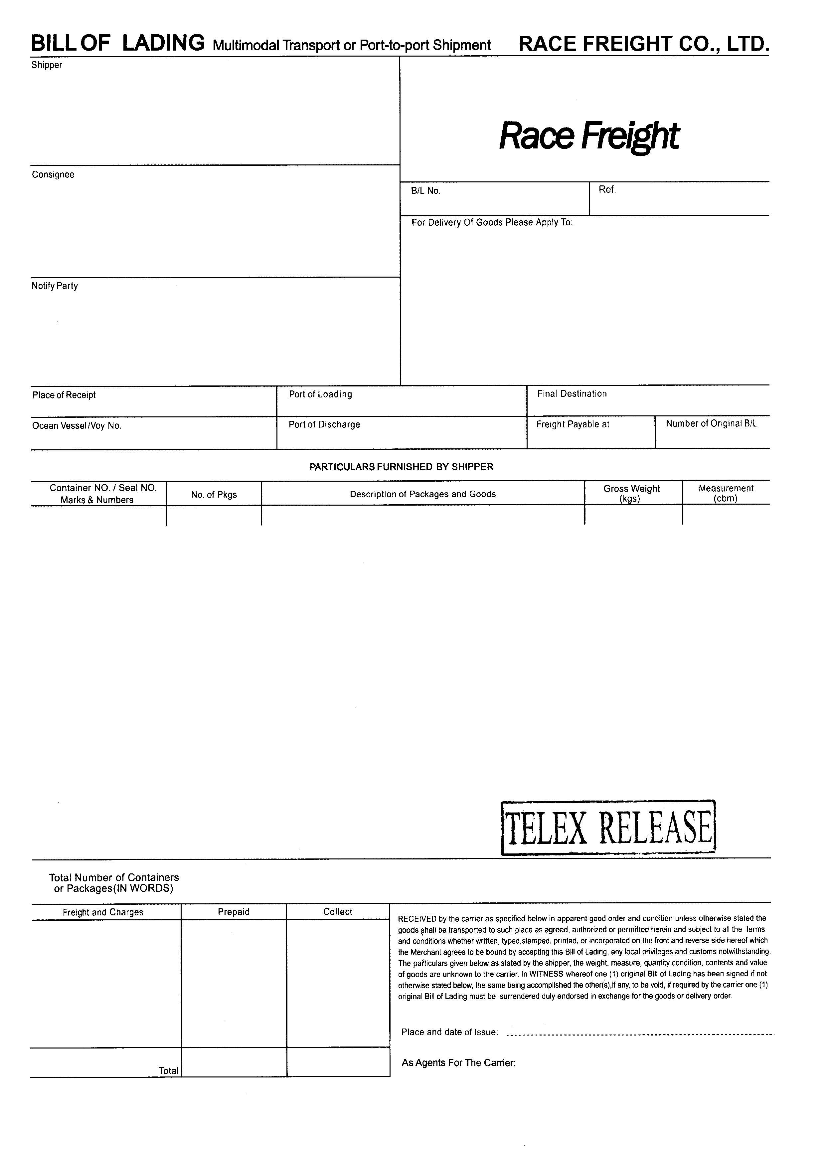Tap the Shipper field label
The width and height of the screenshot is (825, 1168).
[x=47, y=65]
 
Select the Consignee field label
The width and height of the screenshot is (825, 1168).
[x=53, y=174]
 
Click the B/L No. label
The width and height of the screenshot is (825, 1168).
[x=425, y=191]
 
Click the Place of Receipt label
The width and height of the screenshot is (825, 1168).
[x=64, y=395]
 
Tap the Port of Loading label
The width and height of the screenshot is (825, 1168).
[x=320, y=394]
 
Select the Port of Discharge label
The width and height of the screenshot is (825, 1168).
[x=324, y=424]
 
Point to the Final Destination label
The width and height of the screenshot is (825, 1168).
[x=572, y=394]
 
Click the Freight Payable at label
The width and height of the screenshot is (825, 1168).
[x=573, y=424]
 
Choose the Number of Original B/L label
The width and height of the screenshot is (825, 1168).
[x=711, y=424]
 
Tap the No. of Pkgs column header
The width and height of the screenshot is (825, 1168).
[x=214, y=495]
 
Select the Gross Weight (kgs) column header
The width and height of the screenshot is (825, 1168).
[x=631, y=493]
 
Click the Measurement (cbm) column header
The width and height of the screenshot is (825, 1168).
[x=726, y=493]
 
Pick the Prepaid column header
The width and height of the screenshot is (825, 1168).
[x=233, y=912]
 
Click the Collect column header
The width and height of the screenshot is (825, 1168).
[x=338, y=912]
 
